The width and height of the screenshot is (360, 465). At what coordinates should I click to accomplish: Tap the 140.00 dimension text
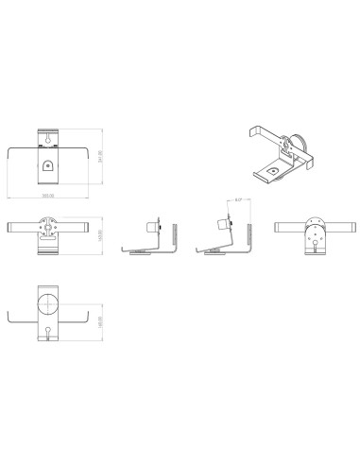click(99, 321)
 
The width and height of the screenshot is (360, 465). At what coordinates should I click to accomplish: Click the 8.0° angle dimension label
click(239, 199)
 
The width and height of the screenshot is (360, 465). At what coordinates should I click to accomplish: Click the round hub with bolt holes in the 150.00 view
click(47, 227)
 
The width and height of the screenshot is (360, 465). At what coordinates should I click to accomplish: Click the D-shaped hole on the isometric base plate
click(274, 170)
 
